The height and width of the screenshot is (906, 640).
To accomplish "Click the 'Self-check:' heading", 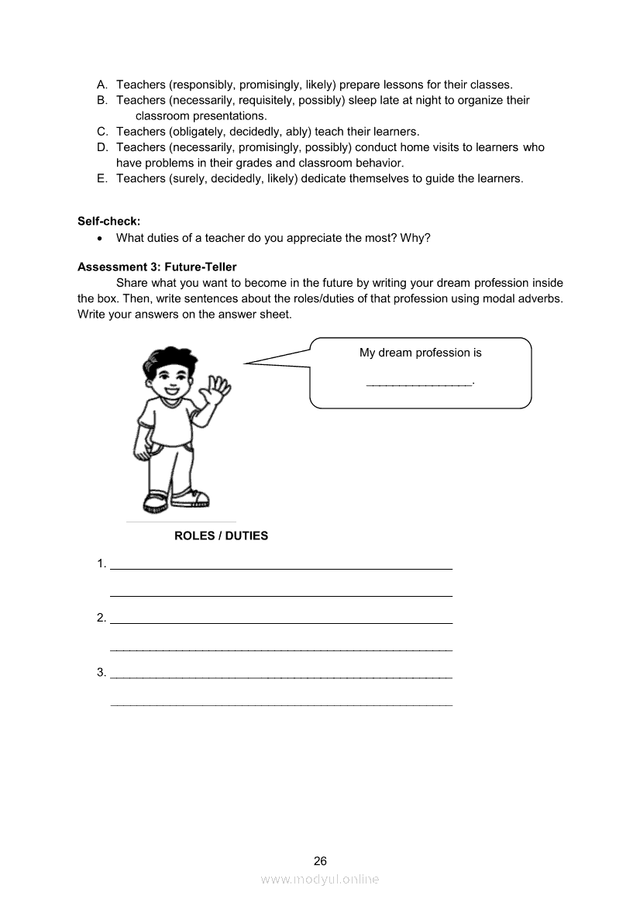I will coord(108,221).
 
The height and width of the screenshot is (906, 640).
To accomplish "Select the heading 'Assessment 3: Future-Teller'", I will coord(157,267).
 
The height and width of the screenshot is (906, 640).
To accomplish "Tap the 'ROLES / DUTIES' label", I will coord(221,536).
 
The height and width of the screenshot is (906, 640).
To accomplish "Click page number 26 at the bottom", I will coord(320,861).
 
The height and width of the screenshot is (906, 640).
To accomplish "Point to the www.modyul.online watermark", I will coord(320,880).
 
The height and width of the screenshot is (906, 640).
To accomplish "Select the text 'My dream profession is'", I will coord(420,353).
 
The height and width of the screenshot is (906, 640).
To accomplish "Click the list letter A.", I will coord(102,84).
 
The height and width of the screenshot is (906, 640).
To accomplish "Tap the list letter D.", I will coord(102,147).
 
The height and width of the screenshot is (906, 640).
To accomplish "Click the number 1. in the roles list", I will coord(102,563).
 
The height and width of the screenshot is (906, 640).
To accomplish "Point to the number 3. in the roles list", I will coord(102,672).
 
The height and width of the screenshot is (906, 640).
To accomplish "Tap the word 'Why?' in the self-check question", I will coord(415,238).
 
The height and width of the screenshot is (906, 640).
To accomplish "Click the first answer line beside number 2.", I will coord(281,622).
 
